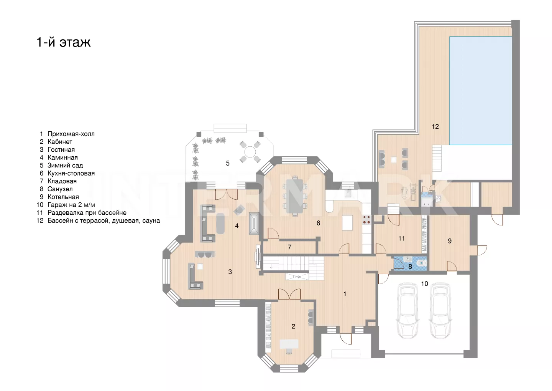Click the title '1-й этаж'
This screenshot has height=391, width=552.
pos(64,42)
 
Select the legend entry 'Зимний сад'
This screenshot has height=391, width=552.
pos(65,166)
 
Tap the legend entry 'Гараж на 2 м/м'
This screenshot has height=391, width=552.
pos(71,205)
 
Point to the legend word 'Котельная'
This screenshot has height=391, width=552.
pos(63,197)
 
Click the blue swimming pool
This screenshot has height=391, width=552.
pos(481,91)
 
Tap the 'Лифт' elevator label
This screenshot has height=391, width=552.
pos(297,277)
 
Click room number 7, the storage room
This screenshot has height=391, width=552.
pos(289,247)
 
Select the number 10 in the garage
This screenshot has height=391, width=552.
pos(424,284)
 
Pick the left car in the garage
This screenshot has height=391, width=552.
pos(407,311)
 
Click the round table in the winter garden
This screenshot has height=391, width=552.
pos(250,152)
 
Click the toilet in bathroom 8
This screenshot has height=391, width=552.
pos(422,263)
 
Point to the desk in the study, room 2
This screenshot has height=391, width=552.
pos(289,344)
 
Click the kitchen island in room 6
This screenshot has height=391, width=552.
pos(347,222)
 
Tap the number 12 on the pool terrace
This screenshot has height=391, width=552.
pos(435,127)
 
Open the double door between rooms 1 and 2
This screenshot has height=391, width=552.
pos(289,294)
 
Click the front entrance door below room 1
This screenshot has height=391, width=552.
pos(346,339)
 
